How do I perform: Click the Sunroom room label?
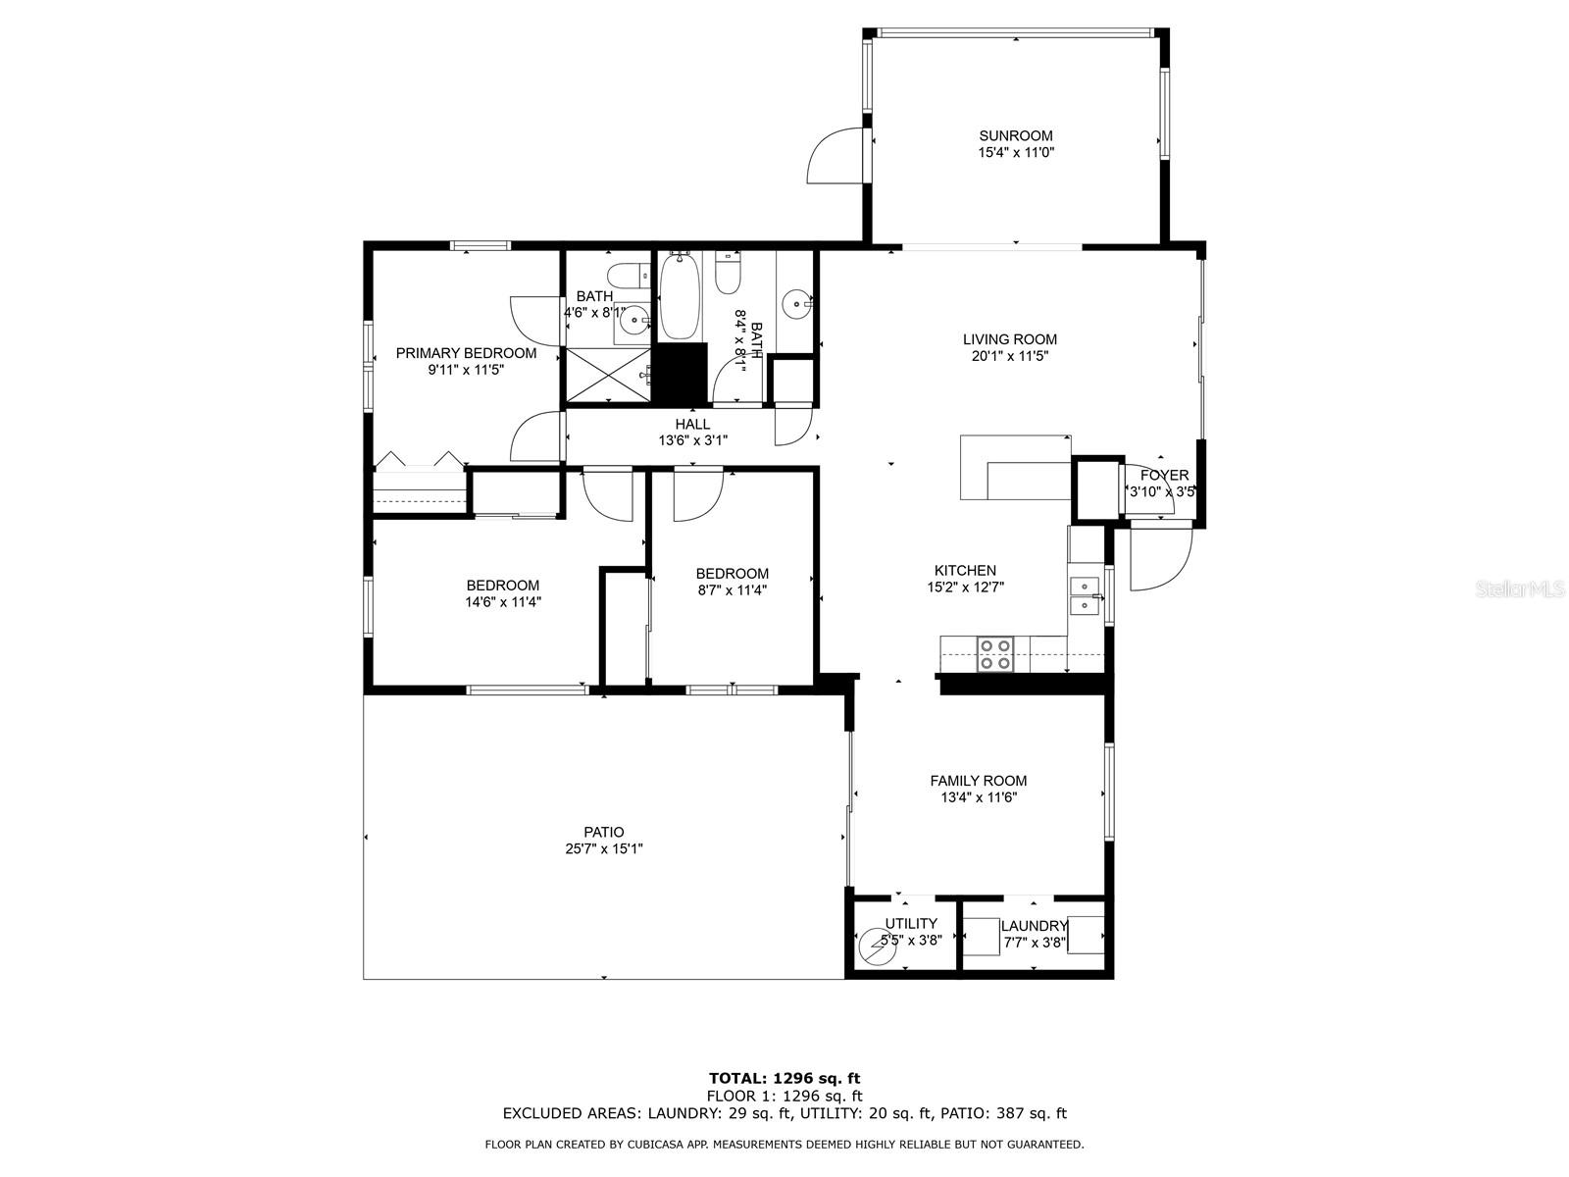pos(1016,135)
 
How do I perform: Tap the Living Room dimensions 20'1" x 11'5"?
pos(1009,357)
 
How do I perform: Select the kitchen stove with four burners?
pos(994,654)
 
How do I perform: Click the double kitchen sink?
pos(1084,595)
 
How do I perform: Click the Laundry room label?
pos(1034,926)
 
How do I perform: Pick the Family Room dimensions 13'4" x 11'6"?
pos(978,797)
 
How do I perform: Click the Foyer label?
pos(1164,475)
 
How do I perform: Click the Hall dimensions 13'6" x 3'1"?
pos(692,440)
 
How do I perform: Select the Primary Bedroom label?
pos(466,352)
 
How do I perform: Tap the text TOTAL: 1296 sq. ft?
pos(784,1079)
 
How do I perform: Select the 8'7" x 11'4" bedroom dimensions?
pos(732,590)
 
